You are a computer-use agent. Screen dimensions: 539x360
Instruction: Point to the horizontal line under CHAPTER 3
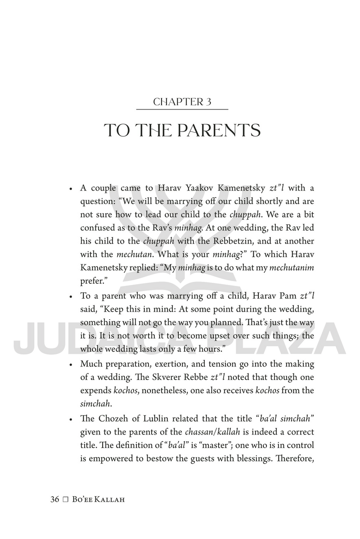coord(182,109)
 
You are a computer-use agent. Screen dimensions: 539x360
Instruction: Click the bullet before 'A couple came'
coord(71,188)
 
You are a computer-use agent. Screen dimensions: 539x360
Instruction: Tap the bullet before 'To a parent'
coord(71,296)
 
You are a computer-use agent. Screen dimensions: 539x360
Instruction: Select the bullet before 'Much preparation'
coord(71,364)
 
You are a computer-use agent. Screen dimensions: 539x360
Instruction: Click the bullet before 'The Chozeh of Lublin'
coord(71,418)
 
